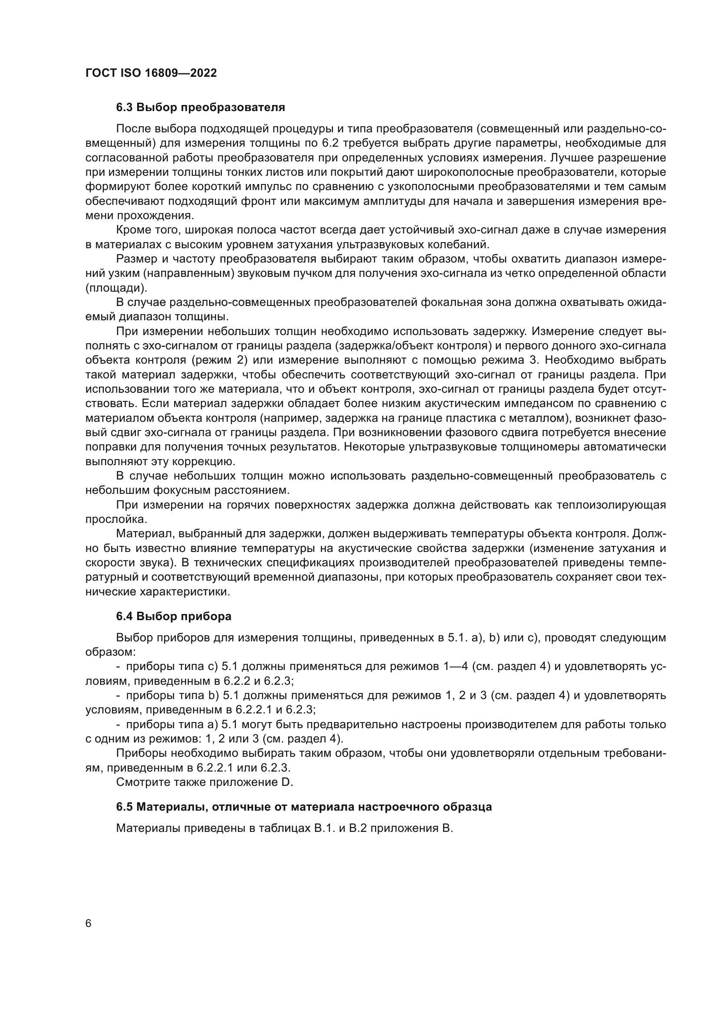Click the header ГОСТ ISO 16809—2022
point(151,73)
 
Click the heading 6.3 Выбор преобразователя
point(200,108)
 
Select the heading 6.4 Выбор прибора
point(174,616)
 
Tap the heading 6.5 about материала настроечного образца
point(304,807)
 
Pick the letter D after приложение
point(287,782)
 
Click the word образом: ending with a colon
point(110,652)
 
